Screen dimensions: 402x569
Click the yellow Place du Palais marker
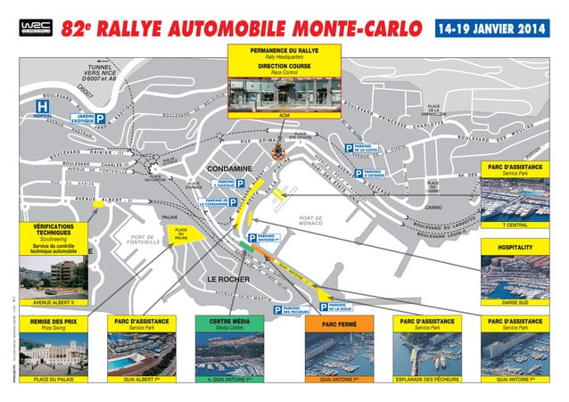point(182,234)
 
